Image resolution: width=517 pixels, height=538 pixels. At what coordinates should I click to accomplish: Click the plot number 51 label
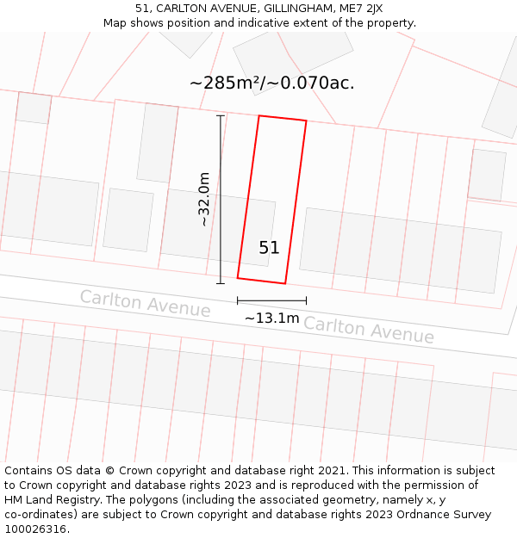269,248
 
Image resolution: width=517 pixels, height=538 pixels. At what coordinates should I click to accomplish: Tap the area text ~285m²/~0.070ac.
271,83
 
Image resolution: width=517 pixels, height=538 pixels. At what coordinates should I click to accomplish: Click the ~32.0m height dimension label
204,199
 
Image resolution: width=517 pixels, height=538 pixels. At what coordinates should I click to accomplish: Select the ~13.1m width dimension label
271,318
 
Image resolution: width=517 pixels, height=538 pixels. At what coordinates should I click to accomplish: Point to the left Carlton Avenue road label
145,303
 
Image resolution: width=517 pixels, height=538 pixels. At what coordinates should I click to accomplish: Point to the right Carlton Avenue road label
368,329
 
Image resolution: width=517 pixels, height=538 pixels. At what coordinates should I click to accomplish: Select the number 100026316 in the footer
34,529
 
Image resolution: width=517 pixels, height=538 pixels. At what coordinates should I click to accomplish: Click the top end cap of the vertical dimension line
220,115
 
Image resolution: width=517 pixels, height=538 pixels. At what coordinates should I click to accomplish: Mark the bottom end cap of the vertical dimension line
220,283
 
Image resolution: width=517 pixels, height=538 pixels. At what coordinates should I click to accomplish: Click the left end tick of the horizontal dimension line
237,300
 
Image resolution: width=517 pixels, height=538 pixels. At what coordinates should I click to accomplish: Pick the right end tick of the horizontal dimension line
306,300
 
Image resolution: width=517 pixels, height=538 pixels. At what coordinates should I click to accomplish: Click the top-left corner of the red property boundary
259,115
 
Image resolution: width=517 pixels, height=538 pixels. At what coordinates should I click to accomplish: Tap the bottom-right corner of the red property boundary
285,283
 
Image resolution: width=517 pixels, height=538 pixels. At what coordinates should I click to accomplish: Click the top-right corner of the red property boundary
306,121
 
